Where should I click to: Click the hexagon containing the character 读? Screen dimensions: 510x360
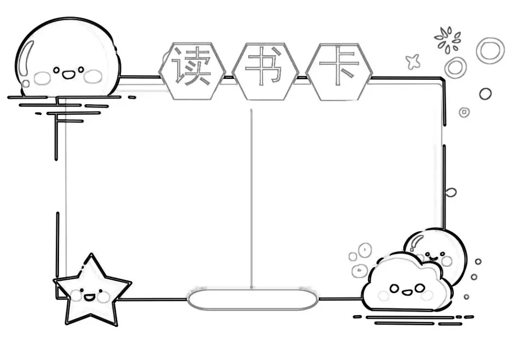click(x=191, y=71)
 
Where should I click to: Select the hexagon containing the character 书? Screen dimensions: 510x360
click(x=265, y=71)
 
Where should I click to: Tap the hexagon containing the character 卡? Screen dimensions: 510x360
click(x=339, y=71)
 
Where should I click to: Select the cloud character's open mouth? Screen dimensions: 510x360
click(x=407, y=291)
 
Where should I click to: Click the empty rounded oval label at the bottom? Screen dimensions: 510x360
click(x=252, y=300)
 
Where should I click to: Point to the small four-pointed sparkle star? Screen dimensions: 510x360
click(x=413, y=61)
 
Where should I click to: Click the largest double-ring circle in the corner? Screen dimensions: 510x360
click(x=490, y=50)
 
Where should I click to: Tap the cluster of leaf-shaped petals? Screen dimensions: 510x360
click(x=447, y=40)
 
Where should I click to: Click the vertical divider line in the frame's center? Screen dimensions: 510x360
click(x=251, y=198)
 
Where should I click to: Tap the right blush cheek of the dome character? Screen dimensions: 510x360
click(x=93, y=76)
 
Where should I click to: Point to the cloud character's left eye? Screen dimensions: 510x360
click(x=394, y=287)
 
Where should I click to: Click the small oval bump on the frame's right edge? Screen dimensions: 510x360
click(x=451, y=192)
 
